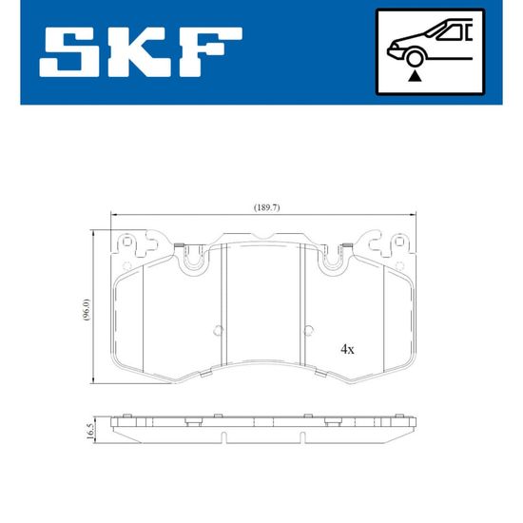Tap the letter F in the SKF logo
[210, 51]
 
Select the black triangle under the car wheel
[415, 76]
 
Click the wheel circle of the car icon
[415, 58]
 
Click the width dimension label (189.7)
[267, 207]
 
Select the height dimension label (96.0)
[86, 310]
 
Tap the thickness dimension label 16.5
[89, 432]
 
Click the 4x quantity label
[347, 349]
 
